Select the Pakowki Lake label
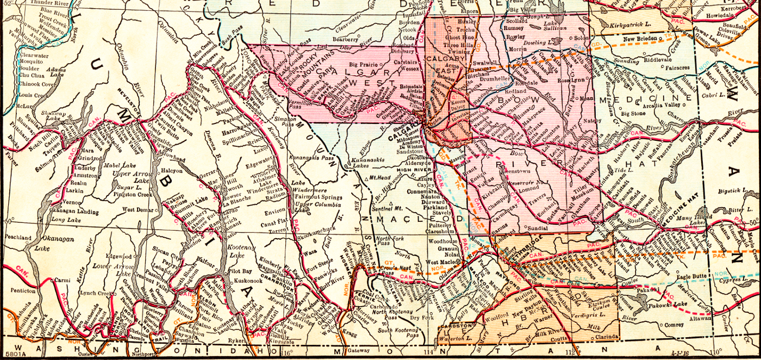click(676, 306)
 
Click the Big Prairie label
click(364, 64)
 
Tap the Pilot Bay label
click(240, 271)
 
